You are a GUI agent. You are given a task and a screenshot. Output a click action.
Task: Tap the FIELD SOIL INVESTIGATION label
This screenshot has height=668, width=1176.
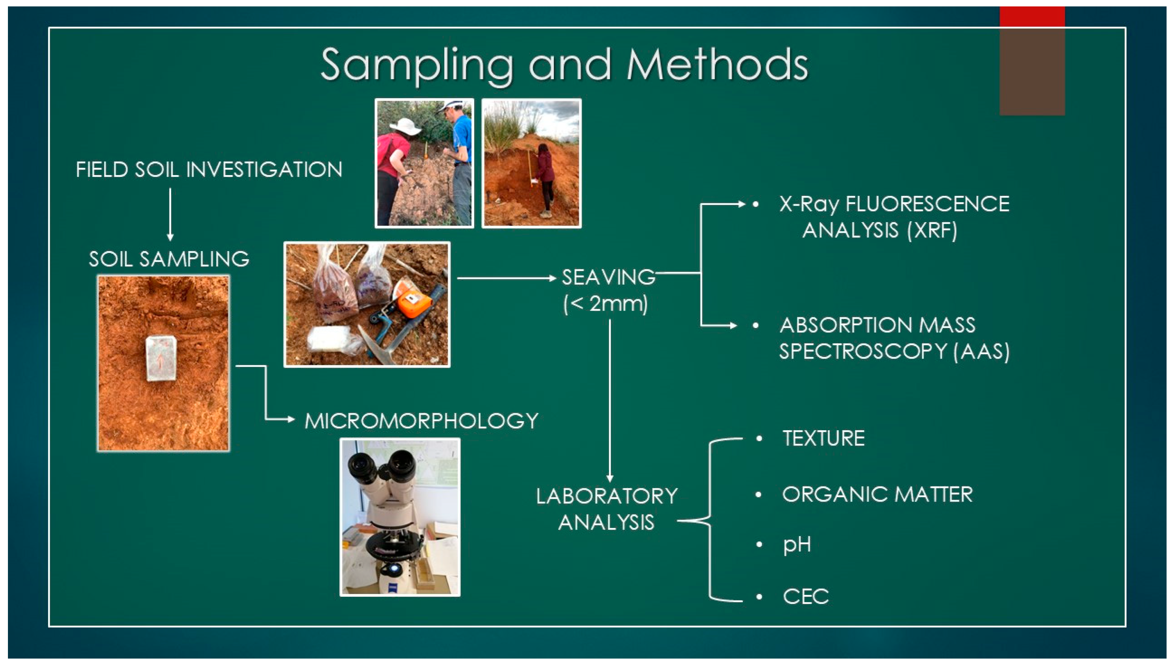pyautogui.click(x=209, y=170)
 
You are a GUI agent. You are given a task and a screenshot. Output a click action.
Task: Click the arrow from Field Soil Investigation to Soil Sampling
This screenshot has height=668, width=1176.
pyautogui.click(x=170, y=214)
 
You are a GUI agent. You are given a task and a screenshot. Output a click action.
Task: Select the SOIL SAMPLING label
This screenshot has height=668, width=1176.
pyautogui.click(x=169, y=259)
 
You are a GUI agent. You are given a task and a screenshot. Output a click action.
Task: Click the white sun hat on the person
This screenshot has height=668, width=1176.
pyautogui.click(x=405, y=126)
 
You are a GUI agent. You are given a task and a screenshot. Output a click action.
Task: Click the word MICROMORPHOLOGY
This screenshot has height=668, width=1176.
pyautogui.click(x=421, y=421)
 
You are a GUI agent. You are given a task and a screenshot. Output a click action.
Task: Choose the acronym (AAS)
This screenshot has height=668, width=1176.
pyautogui.click(x=982, y=352)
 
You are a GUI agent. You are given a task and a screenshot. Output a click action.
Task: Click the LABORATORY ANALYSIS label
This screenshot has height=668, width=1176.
pyautogui.click(x=607, y=509)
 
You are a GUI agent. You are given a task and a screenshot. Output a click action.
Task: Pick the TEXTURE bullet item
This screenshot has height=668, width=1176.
pyautogui.click(x=824, y=439)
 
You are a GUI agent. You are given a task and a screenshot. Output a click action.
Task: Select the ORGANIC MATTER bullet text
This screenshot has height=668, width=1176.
pyautogui.click(x=877, y=494)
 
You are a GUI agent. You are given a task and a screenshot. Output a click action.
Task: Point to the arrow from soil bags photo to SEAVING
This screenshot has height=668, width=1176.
pyautogui.click(x=507, y=278)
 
